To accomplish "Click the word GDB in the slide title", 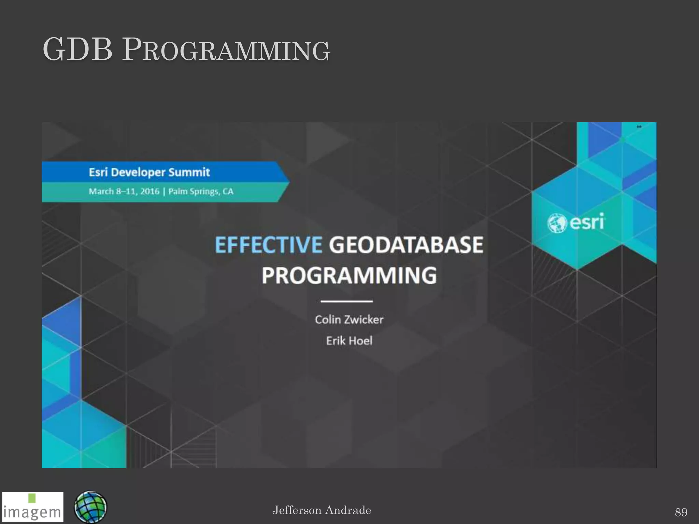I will click(x=77, y=50).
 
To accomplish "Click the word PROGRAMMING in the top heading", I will click(x=226, y=50).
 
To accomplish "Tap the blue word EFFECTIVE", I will click(x=268, y=245).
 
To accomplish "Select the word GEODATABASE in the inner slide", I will click(x=406, y=245).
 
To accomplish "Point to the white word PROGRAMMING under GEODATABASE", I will click(x=349, y=275).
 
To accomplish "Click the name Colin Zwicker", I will click(x=349, y=320).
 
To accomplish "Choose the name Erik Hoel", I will click(x=349, y=341).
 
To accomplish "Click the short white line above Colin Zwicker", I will click(x=346, y=301).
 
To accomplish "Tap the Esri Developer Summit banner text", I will click(x=149, y=172).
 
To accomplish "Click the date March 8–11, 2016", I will click(x=124, y=191).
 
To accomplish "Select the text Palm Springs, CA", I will click(x=201, y=191).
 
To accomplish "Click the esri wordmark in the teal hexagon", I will click(x=587, y=222).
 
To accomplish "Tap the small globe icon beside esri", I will click(x=557, y=223).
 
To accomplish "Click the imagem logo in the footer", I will click(x=32, y=511).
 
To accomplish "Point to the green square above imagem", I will click(x=32, y=498).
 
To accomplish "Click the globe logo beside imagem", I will click(x=90, y=507).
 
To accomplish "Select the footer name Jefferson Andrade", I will click(x=322, y=510).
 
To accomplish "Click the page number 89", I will click(x=681, y=512).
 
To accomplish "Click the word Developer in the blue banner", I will click(x=138, y=172).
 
